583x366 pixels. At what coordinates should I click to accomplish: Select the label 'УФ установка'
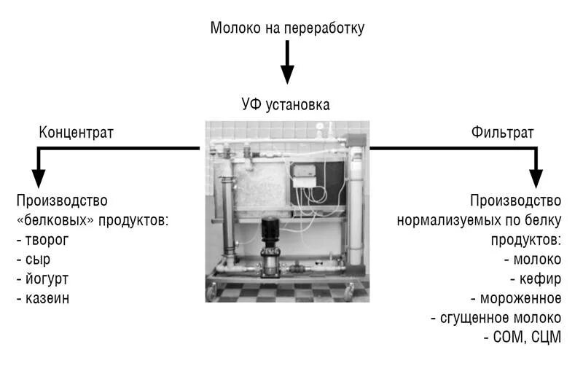(x=286, y=104)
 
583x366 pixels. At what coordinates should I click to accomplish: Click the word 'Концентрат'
(x=77, y=133)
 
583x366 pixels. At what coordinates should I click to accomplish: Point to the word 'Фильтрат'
(x=502, y=133)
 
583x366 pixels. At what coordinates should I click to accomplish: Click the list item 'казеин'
(x=44, y=297)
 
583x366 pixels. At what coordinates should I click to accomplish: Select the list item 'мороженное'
(x=520, y=298)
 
